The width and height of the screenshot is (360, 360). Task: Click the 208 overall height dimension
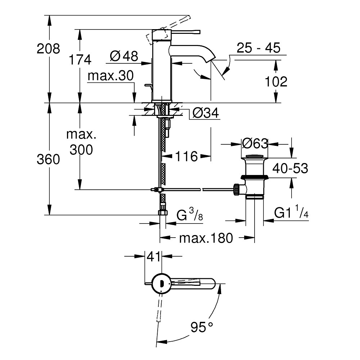coord(48,49)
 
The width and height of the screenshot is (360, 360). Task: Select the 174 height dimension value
coord(80,60)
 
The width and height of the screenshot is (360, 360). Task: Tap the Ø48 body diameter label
coord(124,56)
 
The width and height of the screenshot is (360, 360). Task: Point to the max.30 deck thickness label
coord(111,76)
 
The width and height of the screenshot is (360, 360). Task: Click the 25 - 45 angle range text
coord(258,48)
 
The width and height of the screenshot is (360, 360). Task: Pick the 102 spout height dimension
coord(276,81)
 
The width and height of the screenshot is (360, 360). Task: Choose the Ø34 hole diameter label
coord(206,113)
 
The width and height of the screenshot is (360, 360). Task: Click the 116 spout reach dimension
coord(186,157)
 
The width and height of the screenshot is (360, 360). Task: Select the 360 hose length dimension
coord(48,159)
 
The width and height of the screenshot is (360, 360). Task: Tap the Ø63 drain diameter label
coord(255,144)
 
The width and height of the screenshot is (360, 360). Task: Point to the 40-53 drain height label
coord(290,168)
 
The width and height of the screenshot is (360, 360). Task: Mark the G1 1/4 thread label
coord(291,212)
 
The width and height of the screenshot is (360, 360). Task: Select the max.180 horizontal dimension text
coord(206,238)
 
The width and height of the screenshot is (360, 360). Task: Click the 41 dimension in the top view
coord(153,257)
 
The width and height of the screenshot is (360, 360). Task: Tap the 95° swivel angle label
coord(202,327)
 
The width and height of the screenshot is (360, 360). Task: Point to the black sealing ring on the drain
coord(255,177)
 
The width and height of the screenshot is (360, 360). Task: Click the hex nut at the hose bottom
coord(163,212)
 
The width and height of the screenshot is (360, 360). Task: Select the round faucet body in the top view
coord(161,283)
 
